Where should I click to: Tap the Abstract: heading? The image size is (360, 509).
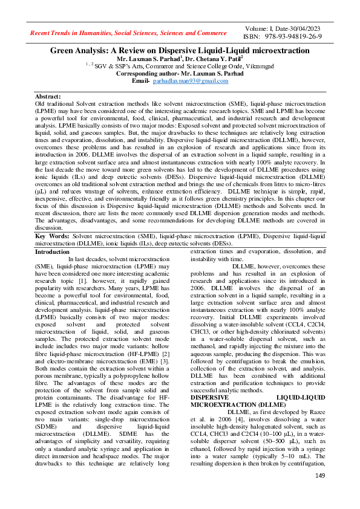pos(48,97)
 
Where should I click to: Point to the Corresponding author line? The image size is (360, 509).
pos(179,73)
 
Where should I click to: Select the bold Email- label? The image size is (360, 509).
pos(140,80)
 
